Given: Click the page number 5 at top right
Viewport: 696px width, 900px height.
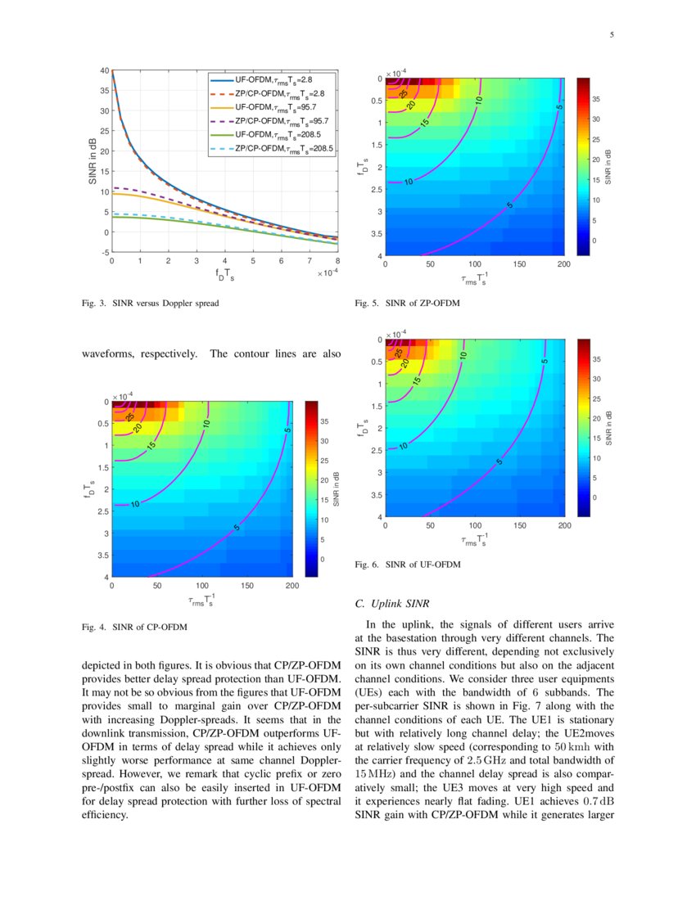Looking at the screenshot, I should coord(612,35).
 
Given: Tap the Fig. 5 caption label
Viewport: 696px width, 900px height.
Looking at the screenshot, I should coord(367,304).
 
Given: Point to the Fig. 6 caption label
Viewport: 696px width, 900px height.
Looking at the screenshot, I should coord(367,565).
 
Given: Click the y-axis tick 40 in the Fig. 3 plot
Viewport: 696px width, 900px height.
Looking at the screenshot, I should coord(103,70).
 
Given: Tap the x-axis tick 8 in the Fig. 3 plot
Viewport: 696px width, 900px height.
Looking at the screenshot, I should coord(338,261).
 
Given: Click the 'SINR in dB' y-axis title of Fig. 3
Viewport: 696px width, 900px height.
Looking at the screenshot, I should coord(92,160).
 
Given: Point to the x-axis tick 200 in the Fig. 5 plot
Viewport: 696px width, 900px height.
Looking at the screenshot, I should coord(563,264).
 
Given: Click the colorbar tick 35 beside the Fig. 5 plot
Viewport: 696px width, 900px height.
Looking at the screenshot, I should coord(597,98).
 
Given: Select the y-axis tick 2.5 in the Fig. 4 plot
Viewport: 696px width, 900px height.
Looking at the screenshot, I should coord(101,511).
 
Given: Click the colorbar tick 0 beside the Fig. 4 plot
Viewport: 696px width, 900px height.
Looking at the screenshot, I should coord(323,559).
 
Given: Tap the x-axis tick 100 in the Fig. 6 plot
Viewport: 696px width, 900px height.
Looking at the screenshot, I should coord(474,525).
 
